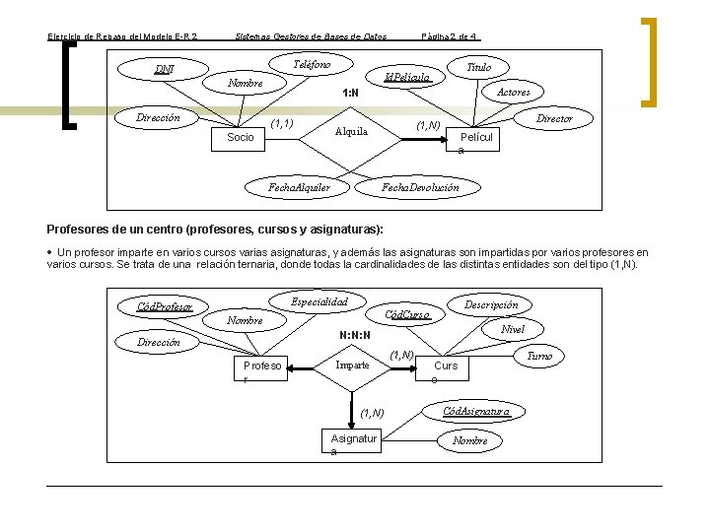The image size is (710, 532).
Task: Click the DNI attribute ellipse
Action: tap(165, 70)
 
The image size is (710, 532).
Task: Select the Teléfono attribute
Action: tap(312, 64)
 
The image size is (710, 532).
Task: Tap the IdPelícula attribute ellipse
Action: tap(406, 76)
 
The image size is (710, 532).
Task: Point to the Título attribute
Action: tap(478, 67)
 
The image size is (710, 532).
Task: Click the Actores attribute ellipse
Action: tap(513, 92)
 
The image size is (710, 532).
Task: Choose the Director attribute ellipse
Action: tap(553, 118)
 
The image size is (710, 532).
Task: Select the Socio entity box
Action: tap(241, 138)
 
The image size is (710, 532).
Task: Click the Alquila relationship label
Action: tap(351, 131)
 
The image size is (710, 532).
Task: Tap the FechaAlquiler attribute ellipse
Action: tap(299, 186)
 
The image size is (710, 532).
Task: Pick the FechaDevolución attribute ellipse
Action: tap(420, 186)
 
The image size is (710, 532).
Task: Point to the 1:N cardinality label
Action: tap(349, 95)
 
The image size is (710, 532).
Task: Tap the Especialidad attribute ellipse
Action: tap(319, 300)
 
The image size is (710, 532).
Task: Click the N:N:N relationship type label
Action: tap(354, 334)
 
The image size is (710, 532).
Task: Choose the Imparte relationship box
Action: tap(353, 366)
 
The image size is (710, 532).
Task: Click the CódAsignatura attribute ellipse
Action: tap(476, 410)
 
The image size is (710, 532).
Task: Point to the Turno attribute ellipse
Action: tap(539, 355)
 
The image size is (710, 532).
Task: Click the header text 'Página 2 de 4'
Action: tap(450, 36)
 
